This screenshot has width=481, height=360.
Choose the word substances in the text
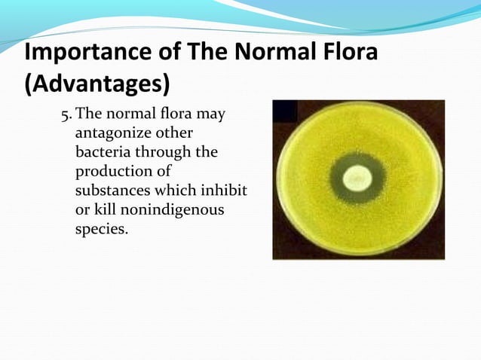click(112, 191)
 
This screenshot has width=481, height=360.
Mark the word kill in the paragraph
click(108, 209)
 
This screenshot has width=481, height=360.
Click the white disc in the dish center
click(353, 179)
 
